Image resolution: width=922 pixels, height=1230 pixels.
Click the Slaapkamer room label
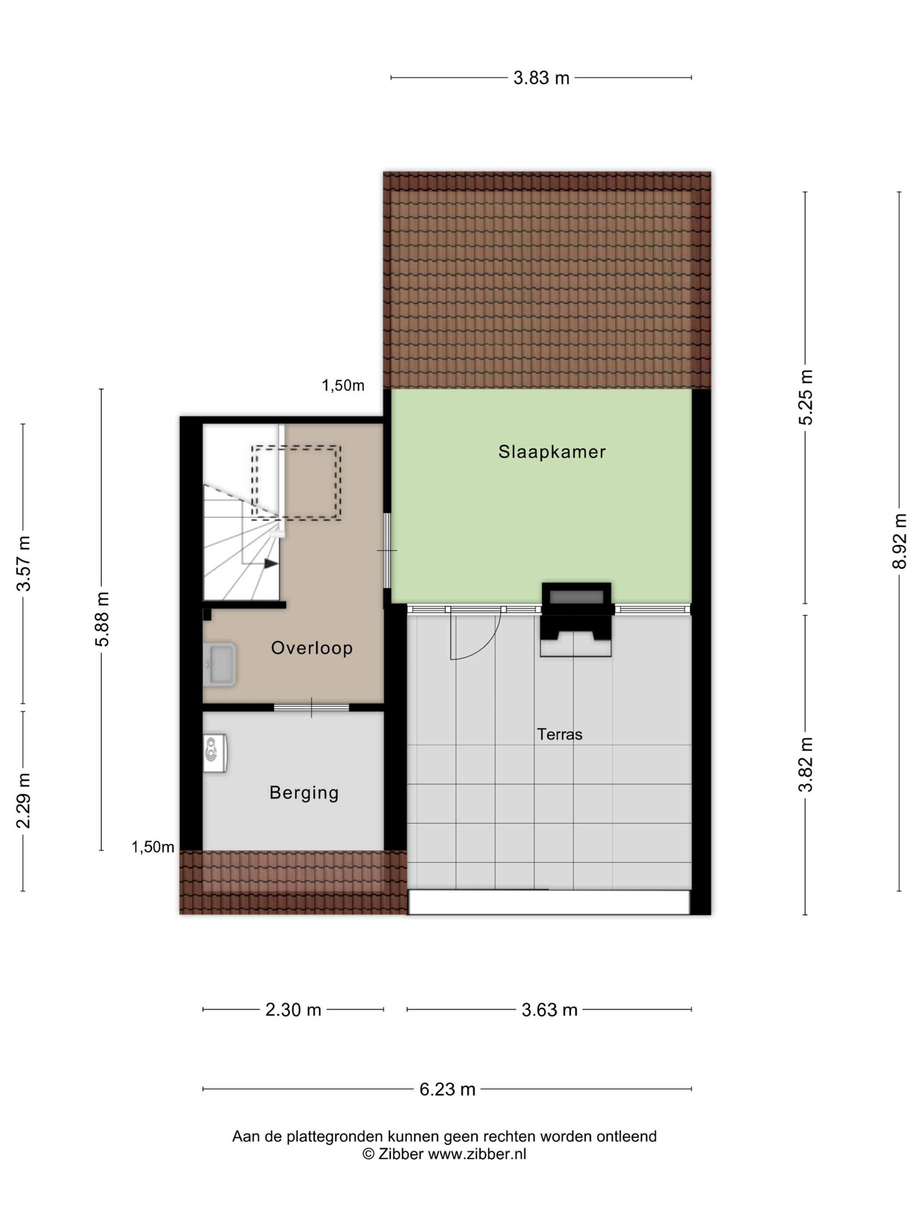(551, 452)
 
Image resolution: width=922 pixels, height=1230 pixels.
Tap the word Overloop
(312, 648)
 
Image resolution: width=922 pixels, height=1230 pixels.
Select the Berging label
(304, 792)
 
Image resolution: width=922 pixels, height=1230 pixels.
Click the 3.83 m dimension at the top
(541, 78)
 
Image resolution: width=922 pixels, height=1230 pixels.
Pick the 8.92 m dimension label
(899, 541)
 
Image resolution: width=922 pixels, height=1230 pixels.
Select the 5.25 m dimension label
(805, 397)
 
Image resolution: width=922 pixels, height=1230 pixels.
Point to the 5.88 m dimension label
(103, 619)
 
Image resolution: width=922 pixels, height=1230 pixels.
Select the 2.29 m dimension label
(23, 801)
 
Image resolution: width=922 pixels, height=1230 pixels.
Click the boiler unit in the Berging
(215, 753)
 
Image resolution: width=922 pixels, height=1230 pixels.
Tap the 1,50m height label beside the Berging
(153, 847)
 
